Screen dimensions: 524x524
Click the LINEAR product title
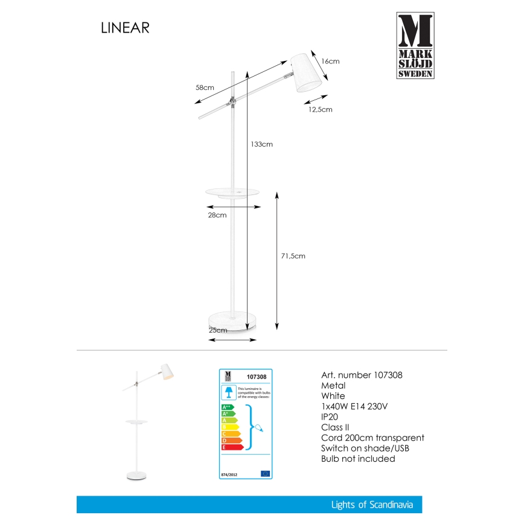pyautogui.click(x=125, y=28)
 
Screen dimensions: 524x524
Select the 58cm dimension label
pyautogui.click(x=205, y=88)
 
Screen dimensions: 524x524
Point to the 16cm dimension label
pyautogui.click(x=330, y=61)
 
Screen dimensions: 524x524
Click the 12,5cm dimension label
pyautogui.click(x=320, y=109)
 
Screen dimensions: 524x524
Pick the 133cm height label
pyautogui.click(x=262, y=144)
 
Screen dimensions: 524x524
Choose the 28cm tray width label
pyautogui.click(x=217, y=215)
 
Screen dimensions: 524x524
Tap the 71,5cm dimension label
pyautogui.click(x=293, y=256)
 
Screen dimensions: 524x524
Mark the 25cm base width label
pyautogui.click(x=218, y=330)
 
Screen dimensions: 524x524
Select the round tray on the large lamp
pyautogui.click(x=232, y=192)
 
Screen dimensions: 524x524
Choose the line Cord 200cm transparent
pyautogui.click(x=373, y=438)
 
